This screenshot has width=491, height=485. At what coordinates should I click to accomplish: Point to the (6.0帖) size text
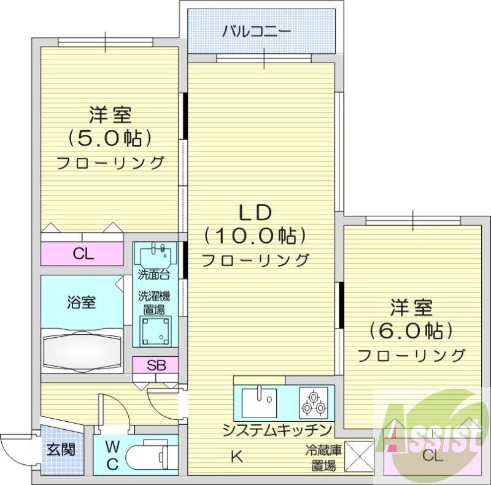(411, 330)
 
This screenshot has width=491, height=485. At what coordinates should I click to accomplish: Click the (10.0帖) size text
(255, 235)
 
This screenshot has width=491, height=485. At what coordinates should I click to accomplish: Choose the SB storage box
(156, 365)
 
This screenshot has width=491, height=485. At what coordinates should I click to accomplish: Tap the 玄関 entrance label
(61, 449)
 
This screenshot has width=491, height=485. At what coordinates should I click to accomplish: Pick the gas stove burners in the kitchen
(314, 402)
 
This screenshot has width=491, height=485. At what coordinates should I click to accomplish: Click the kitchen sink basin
(258, 402)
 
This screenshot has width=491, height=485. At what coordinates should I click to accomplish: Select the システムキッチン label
(277, 429)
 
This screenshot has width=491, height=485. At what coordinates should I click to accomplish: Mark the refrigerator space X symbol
(359, 457)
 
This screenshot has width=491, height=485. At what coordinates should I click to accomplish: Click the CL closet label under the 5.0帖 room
(83, 253)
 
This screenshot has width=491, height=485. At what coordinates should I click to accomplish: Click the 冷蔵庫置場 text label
(322, 457)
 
